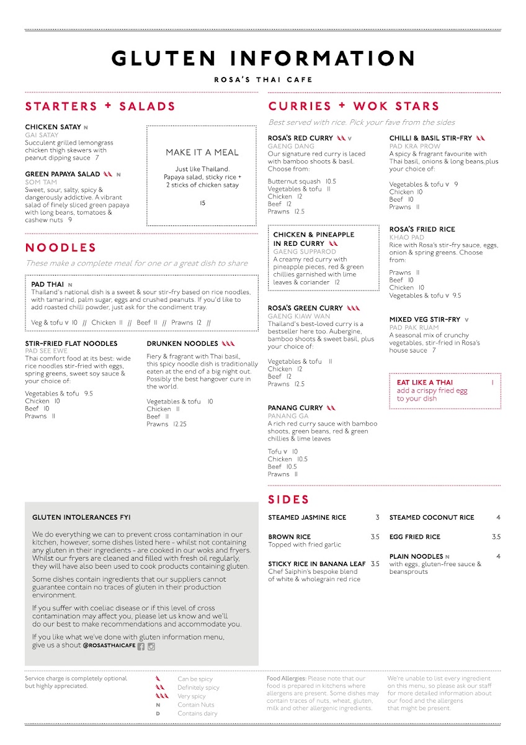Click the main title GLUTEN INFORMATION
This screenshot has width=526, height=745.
click(263, 58)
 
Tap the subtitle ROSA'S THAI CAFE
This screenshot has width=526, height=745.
click(263, 79)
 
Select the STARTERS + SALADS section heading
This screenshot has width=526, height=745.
click(100, 106)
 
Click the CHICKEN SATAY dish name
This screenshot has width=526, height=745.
click(53, 127)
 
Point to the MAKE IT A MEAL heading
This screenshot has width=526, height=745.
click(202, 152)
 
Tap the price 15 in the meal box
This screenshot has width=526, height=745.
click(202, 203)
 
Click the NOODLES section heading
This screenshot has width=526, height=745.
click(61, 248)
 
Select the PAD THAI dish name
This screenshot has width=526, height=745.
click(48, 284)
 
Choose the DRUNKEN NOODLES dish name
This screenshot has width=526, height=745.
click(182, 343)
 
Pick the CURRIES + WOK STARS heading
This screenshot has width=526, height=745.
click(354, 106)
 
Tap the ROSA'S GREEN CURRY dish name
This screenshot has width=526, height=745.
click(305, 308)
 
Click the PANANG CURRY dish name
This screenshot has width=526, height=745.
click(295, 408)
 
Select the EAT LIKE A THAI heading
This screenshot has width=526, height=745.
click(425, 382)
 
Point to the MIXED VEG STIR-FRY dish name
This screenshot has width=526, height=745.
click(425, 320)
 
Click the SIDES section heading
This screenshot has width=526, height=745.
click(288, 499)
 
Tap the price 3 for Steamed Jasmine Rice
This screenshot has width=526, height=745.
click(377, 517)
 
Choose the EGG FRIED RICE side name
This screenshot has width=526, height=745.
click(415, 537)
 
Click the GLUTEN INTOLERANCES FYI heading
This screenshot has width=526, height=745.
click(81, 517)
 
